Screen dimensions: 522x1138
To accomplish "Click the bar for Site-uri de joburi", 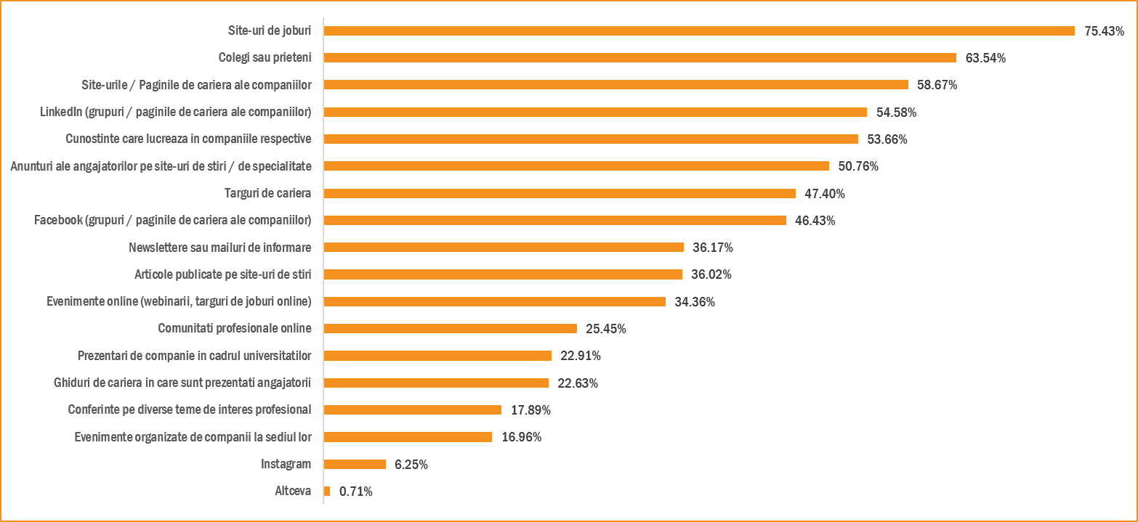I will pos(699,30).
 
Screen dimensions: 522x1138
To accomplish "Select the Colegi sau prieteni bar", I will pos(639,57).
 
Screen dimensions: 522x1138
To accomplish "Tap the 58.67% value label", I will pos(937,85).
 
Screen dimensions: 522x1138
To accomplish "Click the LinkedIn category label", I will pos(175,112).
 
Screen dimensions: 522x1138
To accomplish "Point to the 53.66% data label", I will pos(887,139).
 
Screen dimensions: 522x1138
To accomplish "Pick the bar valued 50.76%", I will pos(576,166).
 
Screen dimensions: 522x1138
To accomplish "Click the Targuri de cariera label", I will pos(267,193).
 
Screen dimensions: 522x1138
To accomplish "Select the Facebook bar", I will pos(554,220).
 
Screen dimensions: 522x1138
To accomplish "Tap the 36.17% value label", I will pos(712,248).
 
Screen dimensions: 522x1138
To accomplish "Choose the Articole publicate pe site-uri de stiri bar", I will pos(503,274).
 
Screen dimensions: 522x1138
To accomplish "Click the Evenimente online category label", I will pos(174,301).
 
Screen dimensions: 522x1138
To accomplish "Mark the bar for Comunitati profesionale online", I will pos(450,328).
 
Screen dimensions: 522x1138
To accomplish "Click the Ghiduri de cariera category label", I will pos(182,383).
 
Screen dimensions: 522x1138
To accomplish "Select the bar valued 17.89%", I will pos(412,409).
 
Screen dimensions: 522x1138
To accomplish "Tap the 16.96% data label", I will pos(521,437).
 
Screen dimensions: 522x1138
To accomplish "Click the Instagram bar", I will pos(355,464).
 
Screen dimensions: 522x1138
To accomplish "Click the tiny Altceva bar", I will pos(327,491).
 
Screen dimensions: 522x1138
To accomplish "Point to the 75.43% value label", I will pos(1104,31).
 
